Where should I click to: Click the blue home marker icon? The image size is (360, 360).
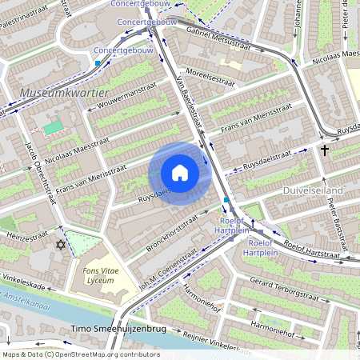tap(180, 173)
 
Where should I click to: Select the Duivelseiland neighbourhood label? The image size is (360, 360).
tap(313, 190)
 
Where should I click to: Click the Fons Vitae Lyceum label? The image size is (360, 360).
tap(102, 276)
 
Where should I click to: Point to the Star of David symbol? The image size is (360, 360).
tap(59, 243)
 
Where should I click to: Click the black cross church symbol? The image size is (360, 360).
tap(325, 150)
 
